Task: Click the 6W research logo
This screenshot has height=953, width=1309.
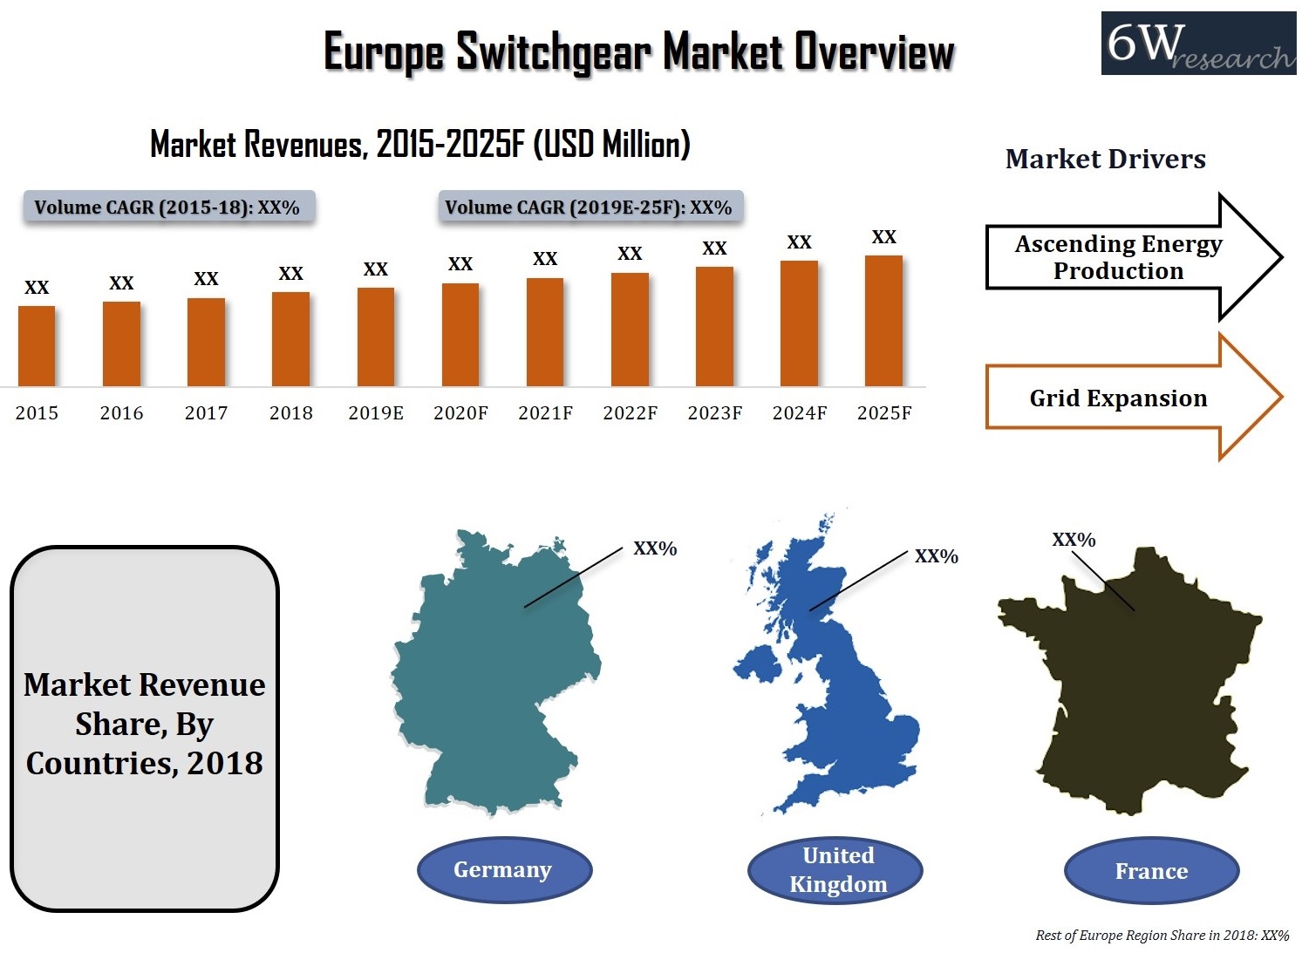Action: click(x=1198, y=44)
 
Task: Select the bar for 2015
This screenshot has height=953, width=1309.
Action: click(x=37, y=346)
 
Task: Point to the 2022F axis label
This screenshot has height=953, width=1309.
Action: click(x=630, y=413)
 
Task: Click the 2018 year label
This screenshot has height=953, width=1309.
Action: click(x=291, y=413)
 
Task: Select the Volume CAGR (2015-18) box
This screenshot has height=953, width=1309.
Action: click(x=167, y=208)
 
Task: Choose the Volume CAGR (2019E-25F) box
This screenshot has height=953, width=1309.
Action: click(x=590, y=208)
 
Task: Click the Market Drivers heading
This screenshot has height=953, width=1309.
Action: click(x=1105, y=159)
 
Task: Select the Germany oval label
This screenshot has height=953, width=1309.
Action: click(x=504, y=870)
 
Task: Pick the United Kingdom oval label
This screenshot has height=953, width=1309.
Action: click(x=837, y=870)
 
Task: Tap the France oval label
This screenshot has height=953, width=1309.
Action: click(x=1151, y=871)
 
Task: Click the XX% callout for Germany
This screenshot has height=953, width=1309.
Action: click(x=655, y=548)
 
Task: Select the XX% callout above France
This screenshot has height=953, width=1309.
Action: click(x=1074, y=540)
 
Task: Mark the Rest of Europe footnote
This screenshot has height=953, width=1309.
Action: click(x=1162, y=936)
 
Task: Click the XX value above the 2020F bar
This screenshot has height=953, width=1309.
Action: click(x=460, y=263)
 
